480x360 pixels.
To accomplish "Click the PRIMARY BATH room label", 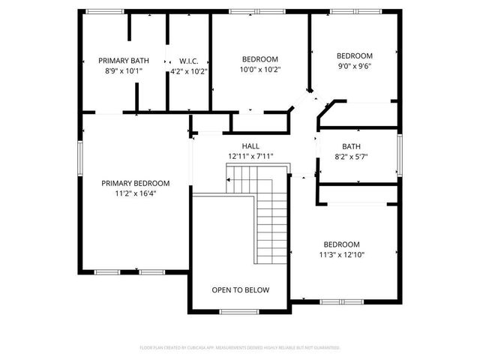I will tap(124, 61).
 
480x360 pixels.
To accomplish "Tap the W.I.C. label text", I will tap(187, 61).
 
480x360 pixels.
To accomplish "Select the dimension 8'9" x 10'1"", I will tap(124, 71).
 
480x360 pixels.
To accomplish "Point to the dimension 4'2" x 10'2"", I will tap(189, 71).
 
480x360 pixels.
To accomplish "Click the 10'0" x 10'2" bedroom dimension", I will tap(259, 70).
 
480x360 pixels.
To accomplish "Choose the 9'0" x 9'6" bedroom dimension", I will tap(354, 65).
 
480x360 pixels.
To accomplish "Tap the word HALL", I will tap(250, 146).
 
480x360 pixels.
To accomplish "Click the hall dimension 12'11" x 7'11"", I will tap(250, 156).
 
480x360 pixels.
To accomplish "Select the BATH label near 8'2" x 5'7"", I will tap(351, 147).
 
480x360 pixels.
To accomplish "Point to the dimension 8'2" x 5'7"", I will tap(351, 157).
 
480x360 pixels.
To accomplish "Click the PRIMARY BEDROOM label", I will tap(136, 183).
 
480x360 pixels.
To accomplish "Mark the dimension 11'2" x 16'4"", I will tap(136, 193).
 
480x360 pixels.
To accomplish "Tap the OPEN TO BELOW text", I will tap(240, 290).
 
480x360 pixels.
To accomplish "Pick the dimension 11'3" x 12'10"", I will tap(342, 254).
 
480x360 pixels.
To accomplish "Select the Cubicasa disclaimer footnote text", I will tap(240, 348).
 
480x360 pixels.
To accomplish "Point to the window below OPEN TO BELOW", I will tap(239, 311).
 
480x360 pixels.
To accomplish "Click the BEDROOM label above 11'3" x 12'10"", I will tap(342, 244).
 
